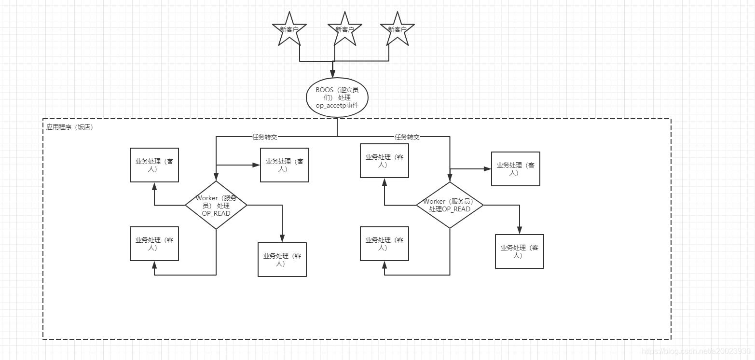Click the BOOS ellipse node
click(337, 97)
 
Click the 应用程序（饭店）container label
click(69, 127)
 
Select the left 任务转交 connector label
click(265, 137)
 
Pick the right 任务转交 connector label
click(407, 137)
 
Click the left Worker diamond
click(216, 206)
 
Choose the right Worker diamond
click(450, 205)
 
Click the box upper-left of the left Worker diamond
click(154, 165)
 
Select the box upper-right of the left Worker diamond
click(285, 165)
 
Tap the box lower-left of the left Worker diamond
click(154, 244)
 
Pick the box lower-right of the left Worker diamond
click(282, 260)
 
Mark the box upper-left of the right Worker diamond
click(384, 161)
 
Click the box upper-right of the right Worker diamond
click(515, 169)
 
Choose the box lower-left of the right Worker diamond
click(384, 244)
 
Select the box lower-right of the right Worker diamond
click(520, 251)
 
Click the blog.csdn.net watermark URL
click(696, 351)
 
